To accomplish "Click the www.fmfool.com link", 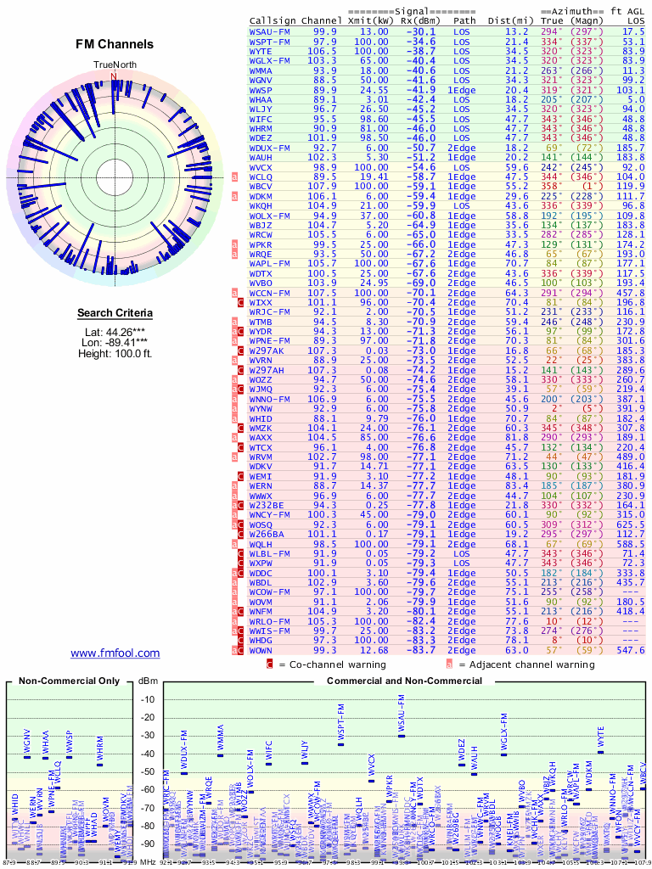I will coord(115,653).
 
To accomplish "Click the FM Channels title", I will coord(115,44).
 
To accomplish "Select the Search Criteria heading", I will coord(115,313).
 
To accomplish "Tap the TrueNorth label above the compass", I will coord(114,65).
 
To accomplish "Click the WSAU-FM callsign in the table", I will coord(270,31).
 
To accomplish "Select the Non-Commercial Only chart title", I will coord(70,681).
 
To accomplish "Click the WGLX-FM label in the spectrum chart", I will coord(503,732).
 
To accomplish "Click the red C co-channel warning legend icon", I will coord(270,664).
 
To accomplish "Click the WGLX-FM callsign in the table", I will coord(270,60).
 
